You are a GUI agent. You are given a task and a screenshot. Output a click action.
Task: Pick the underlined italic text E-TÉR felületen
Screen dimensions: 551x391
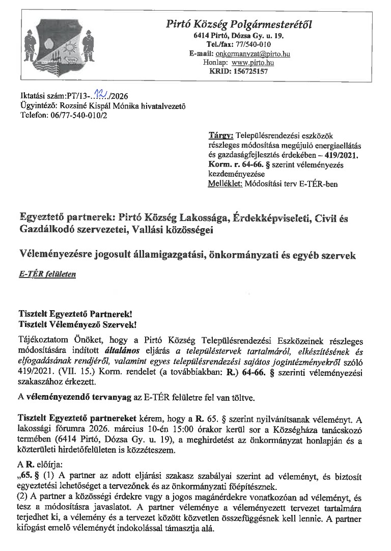point(47,274)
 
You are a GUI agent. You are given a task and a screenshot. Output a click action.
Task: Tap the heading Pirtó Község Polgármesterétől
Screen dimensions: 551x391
point(239,24)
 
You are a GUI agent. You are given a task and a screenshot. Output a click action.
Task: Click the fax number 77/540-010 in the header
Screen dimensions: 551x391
point(260,45)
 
